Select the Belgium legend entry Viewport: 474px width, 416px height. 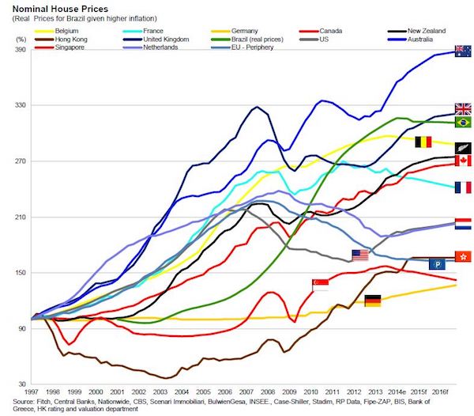pos(67,30)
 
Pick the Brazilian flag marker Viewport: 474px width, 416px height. pos(464,122)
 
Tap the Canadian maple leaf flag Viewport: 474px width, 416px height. pos(464,161)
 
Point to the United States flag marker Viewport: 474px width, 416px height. pos(360,255)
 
